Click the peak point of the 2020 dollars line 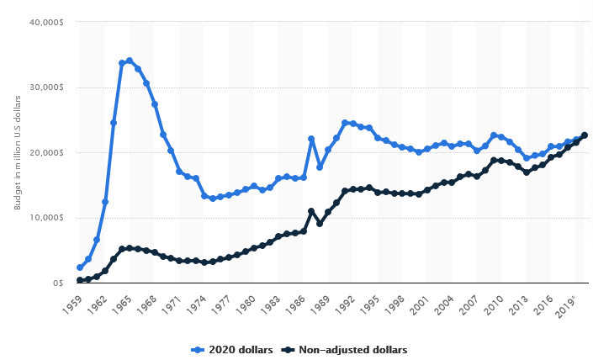130,61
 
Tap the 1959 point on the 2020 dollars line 80,267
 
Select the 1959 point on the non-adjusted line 80,280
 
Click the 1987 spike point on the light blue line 311,139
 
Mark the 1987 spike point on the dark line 311,211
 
